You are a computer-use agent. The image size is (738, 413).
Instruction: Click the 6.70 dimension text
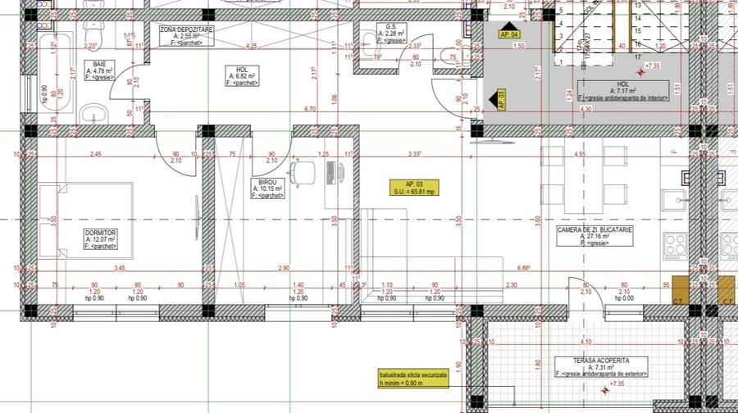coord(309,108)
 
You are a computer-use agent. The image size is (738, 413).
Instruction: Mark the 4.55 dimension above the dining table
coord(580,153)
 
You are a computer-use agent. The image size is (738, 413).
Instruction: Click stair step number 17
coord(636,57)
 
